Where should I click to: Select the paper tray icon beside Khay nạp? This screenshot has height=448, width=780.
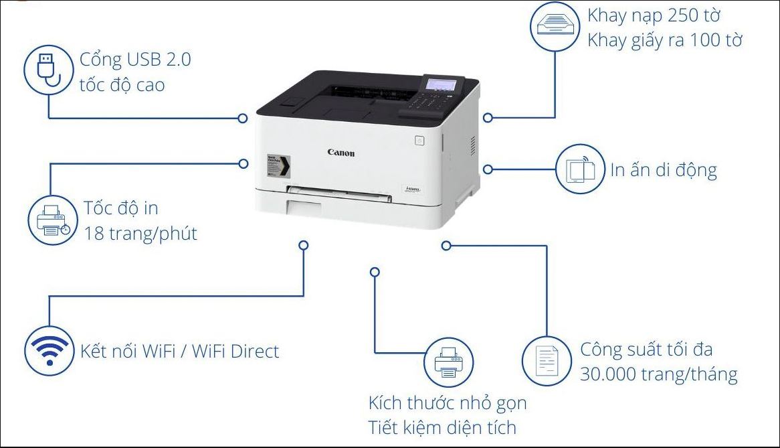[553, 26]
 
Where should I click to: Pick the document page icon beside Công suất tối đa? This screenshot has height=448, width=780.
[547, 362]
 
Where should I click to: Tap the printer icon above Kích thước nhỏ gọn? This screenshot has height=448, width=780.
[449, 362]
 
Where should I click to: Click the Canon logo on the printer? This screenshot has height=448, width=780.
[341, 153]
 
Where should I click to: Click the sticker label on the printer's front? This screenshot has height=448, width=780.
[278, 165]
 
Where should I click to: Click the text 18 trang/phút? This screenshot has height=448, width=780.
[140, 234]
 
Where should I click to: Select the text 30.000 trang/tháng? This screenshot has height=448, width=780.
[658, 374]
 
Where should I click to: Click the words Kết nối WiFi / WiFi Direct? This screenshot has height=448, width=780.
[179, 351]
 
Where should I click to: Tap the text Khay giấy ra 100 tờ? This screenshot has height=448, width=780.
[665, 40]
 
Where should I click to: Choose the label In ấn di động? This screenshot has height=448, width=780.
[663, 170]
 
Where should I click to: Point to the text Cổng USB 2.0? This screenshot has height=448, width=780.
[135, 60]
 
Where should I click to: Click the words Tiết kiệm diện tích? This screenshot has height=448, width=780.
[442, 427]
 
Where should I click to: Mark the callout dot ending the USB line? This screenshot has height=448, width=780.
[243, 118]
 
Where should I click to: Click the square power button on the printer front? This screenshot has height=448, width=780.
[419, 141]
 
